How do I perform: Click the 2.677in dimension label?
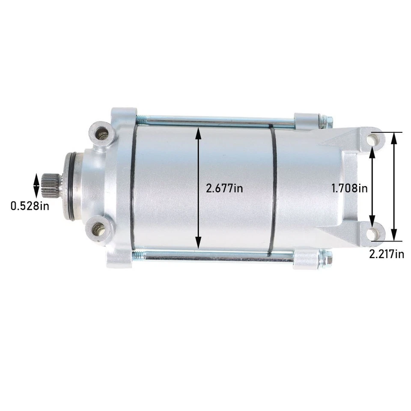[224, 188]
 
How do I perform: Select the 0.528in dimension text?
[30, 206]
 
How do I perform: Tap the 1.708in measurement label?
[349, 188]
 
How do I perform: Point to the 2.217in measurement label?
[387, 254]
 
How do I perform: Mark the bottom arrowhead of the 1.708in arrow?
[372, 227]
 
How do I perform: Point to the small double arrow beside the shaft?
[36, 186]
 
